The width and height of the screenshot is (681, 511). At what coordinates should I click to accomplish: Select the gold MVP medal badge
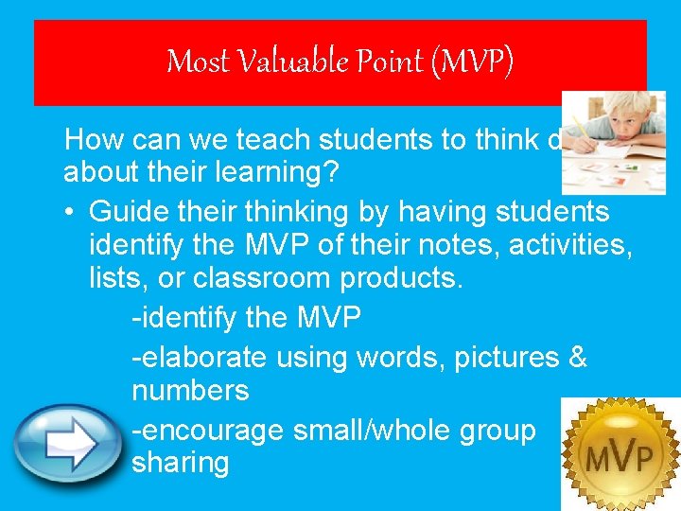click(619, 451)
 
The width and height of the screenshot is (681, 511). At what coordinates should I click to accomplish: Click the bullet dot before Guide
click(72, 210)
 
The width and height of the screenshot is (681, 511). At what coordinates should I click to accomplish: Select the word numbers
click(190, 391)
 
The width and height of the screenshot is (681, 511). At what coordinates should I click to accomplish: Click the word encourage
click(209, 431)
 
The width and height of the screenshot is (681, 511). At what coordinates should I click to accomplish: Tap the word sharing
click(181, 464)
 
